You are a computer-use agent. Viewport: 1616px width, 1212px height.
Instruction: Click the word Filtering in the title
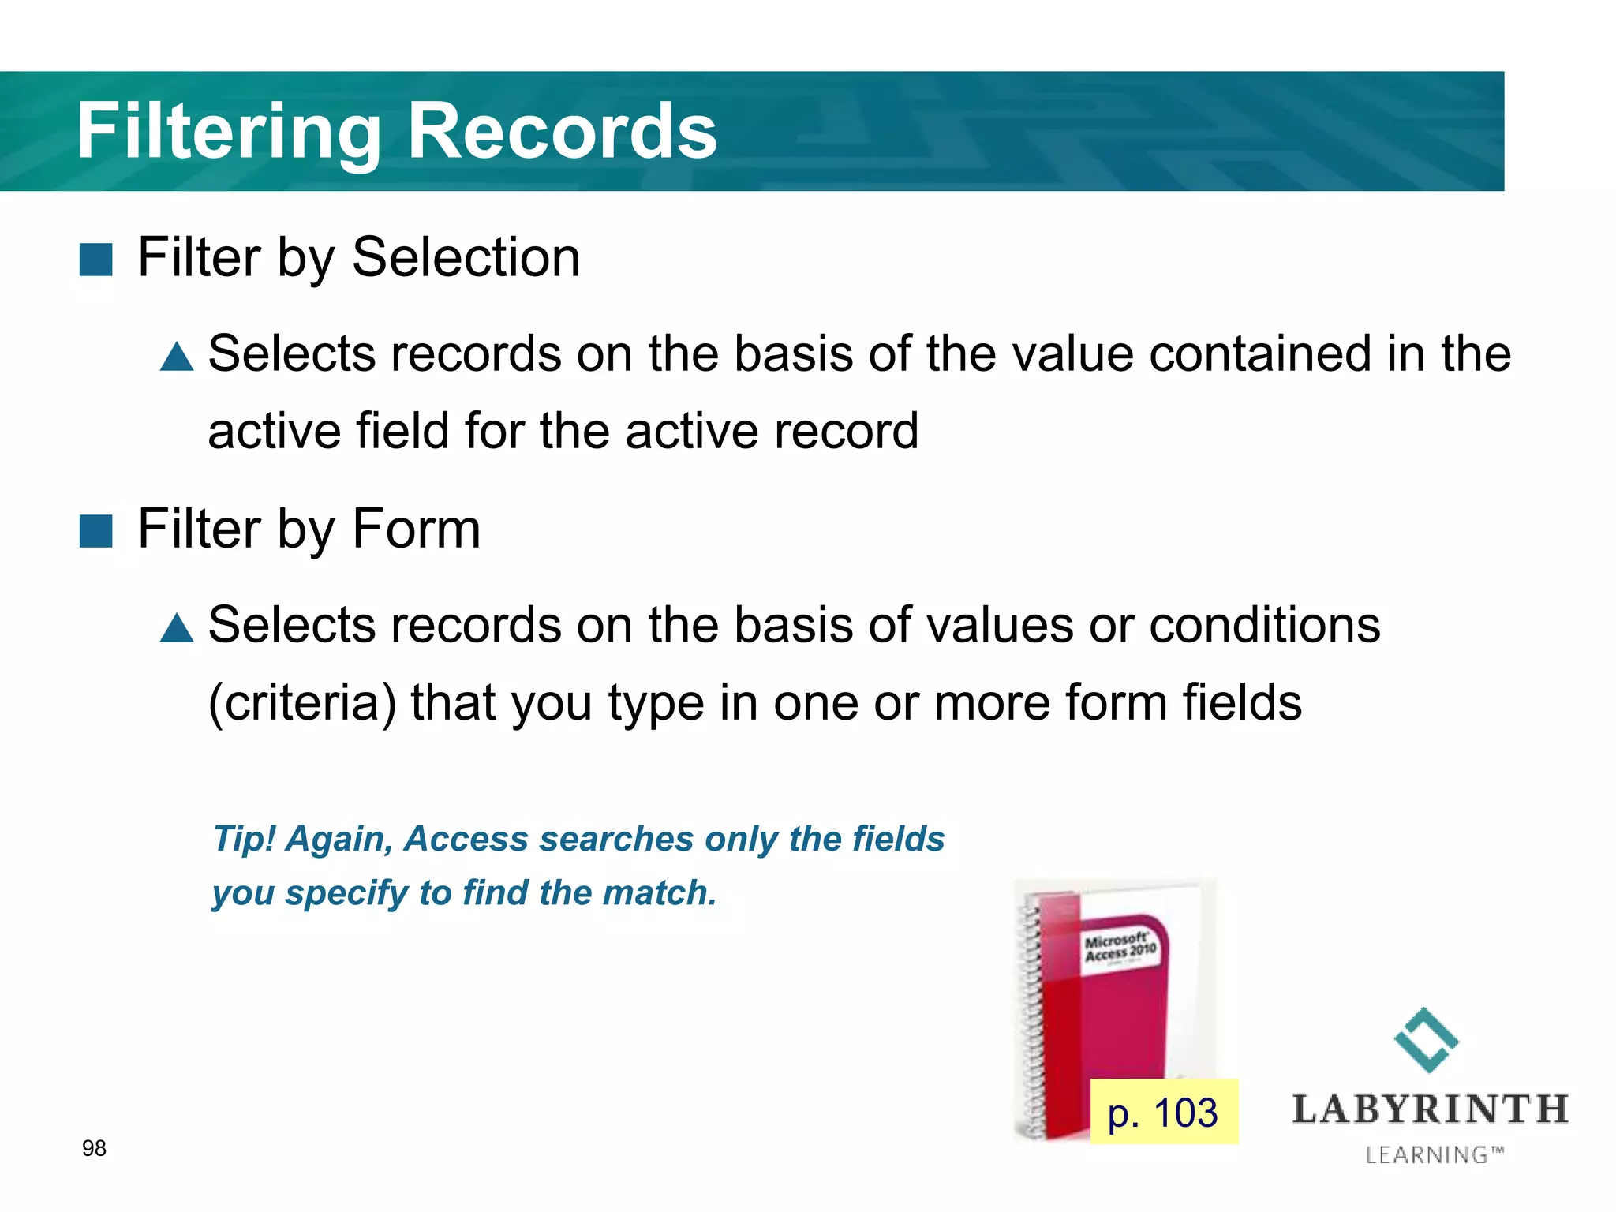(x=229, y=132)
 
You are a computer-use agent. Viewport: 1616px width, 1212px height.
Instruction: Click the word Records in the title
(x=562, y=132)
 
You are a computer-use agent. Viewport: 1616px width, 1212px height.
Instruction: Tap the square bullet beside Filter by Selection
(x=96, y=260)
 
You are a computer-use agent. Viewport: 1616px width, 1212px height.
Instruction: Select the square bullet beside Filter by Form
(x=96, y=531)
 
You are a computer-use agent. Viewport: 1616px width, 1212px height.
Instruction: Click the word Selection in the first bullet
(x=466, y=258)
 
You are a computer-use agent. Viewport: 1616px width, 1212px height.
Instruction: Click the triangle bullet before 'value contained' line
(x=177, y=357)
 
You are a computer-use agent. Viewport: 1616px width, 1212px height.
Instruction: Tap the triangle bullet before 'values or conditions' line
(x=177, y=628)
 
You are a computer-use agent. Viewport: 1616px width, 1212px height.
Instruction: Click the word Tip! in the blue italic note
(x=244, y=839)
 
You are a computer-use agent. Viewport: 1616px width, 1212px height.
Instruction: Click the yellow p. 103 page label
(x=1163, y=1113)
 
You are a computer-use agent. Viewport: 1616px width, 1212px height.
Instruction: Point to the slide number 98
(x=94, y=1148)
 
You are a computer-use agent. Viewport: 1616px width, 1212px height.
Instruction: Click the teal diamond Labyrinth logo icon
(x=1427, y=1040)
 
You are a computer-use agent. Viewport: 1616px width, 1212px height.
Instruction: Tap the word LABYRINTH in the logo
(x=1430, y=1109)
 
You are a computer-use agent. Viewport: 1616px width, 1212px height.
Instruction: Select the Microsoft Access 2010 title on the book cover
(x=1120, y=947)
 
